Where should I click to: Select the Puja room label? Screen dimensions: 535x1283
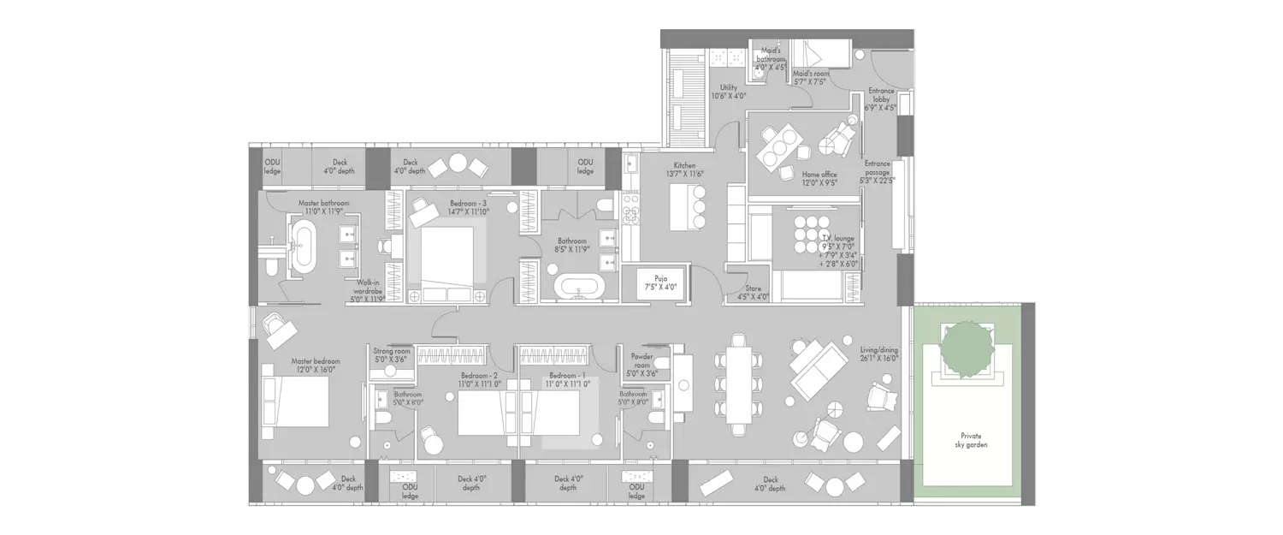[x=660, y=282]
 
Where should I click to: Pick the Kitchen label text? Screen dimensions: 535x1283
[x=684, y=169]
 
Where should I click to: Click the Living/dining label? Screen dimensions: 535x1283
[x=878, y=354]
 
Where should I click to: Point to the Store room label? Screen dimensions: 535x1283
[x=753, y=293]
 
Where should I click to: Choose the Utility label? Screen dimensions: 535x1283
[x=729, y=92]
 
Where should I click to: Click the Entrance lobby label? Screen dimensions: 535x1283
[x=882, y=99]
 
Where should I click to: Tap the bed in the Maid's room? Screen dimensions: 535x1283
[x=819, y=56]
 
